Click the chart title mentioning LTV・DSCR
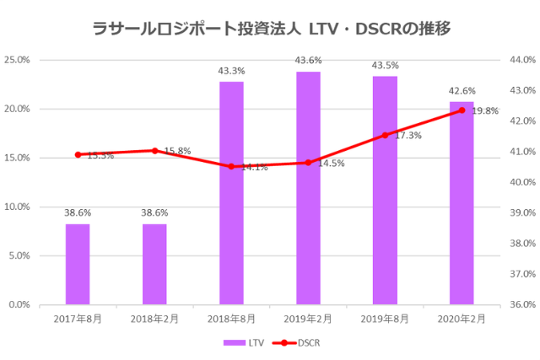point(270,28)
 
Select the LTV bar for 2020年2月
point(462,202)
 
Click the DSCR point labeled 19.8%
point(462,110)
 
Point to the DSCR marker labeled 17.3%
point(385,135)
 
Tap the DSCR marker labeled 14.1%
point(231,166)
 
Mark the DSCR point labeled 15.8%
point(154,150)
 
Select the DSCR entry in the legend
point(299,342)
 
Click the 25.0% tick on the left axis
point(18,61)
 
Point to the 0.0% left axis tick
point(19,304)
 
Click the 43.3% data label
point(231,71)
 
